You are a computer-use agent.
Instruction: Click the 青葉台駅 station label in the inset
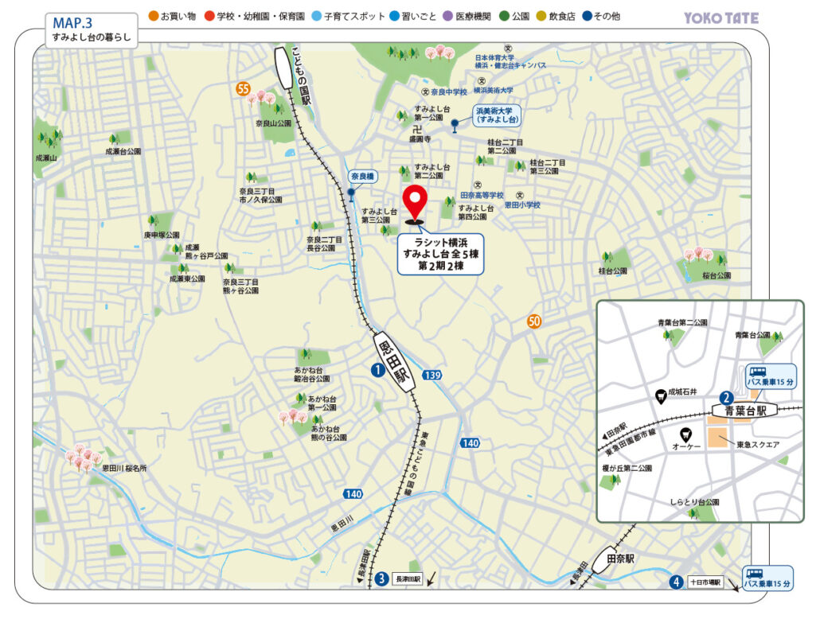coord(744,411)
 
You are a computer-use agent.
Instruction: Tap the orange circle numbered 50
coord(534,322)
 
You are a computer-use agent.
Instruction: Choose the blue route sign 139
coord(432,375)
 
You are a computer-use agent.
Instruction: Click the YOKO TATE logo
coord(721,18)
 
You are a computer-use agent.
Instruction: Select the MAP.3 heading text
coord(73,22)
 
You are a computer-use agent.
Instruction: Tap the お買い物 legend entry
coord(173,16)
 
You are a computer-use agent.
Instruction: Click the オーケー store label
coord(685,447)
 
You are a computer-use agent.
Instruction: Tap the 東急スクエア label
coord(757,444)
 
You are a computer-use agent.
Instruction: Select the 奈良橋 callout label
coord(363,176)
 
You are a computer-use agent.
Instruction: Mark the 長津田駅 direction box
coord(407,578)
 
